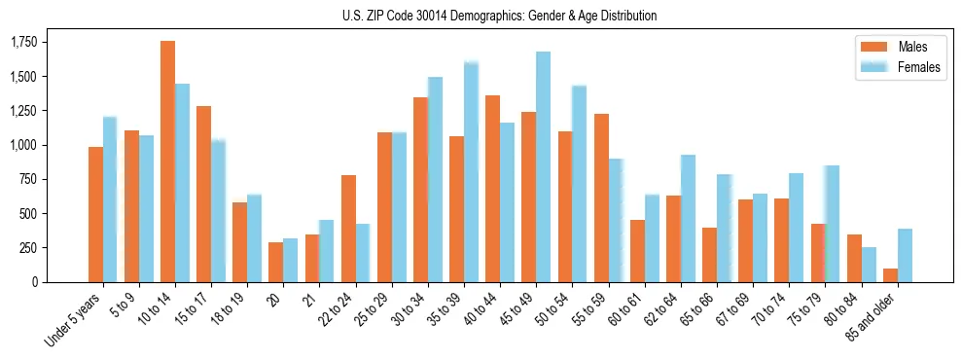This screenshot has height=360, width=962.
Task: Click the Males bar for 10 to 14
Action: pos(167,162)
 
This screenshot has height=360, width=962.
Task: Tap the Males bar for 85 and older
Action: pos(890,275)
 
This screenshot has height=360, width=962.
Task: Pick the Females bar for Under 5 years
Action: pos(110,199)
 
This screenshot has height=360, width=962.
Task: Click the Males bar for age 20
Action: pos(275,263)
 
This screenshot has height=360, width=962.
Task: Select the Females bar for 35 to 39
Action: pos(471,172)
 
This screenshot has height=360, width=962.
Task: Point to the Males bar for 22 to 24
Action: pos(348,229)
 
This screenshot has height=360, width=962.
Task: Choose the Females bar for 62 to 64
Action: pos(688,219)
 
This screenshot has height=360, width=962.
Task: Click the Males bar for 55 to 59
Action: pos(601,198)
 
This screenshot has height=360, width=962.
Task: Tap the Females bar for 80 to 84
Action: pos(869,265)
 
